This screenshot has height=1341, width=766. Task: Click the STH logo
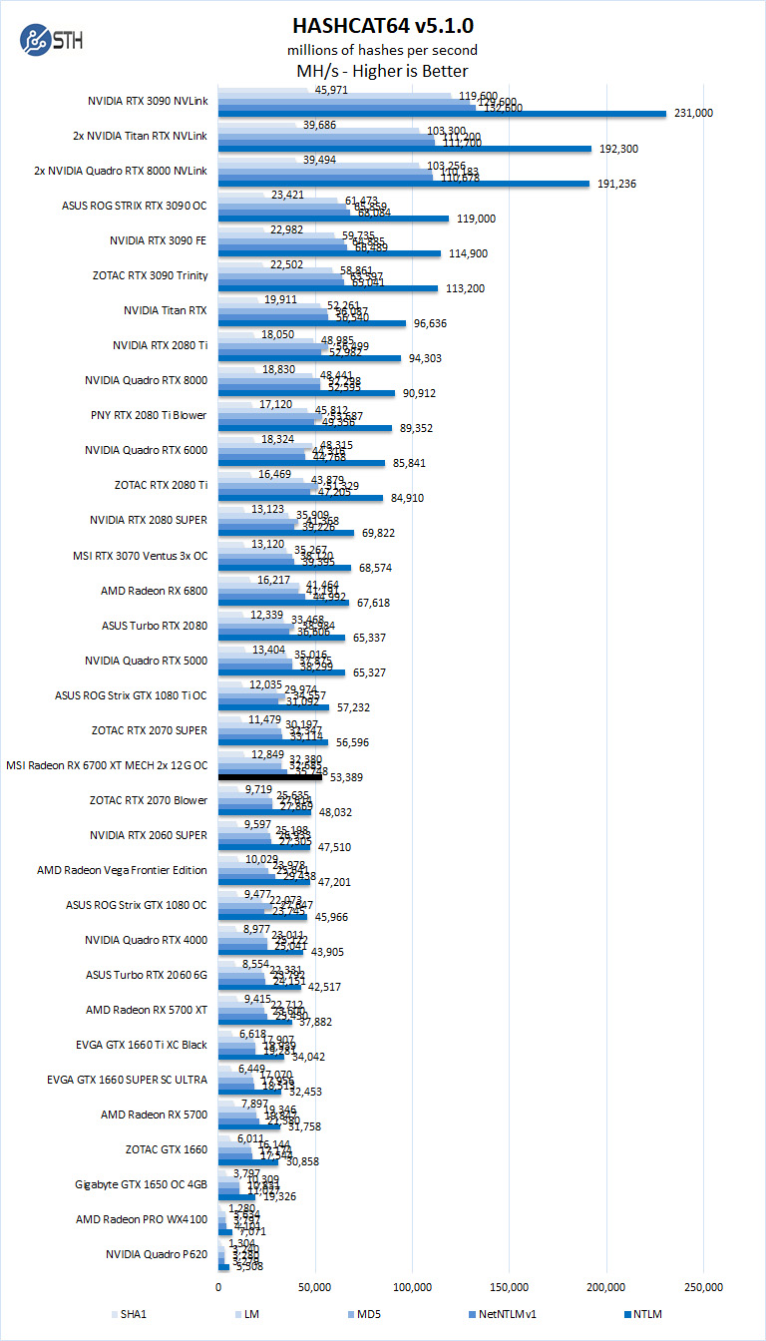tap(51, 41)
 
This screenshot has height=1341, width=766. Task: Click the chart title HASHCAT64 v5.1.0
tap(382, 24)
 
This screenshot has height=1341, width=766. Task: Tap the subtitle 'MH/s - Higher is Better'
tap(382, 71)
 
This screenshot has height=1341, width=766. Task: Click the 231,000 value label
tap(693, 114)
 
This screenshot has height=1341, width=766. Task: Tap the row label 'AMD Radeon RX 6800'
tap(154, 591)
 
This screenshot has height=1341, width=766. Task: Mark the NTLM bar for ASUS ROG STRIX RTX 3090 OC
tap(333, 219)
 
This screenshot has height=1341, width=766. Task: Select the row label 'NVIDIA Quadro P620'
tap(157, 1254)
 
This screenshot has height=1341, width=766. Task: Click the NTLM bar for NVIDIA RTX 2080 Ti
tap(309, 358)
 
